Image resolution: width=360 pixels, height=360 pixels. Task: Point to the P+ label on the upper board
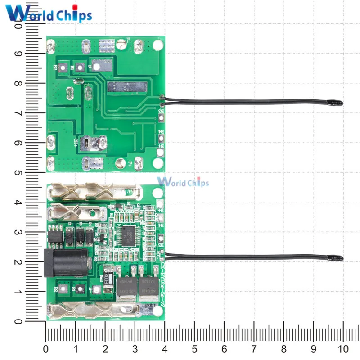click(130, 164)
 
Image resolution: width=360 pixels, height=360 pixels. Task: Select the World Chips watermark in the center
click(183, 182)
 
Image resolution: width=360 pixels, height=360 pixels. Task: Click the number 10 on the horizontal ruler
click(343, 349)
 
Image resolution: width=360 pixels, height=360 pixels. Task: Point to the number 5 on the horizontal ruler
click(194, 349)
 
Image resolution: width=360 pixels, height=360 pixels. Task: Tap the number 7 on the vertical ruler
click(31, 113)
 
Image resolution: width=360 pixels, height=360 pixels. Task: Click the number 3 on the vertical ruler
click(31, 232)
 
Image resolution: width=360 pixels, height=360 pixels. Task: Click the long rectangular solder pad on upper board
click(126, 87)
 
